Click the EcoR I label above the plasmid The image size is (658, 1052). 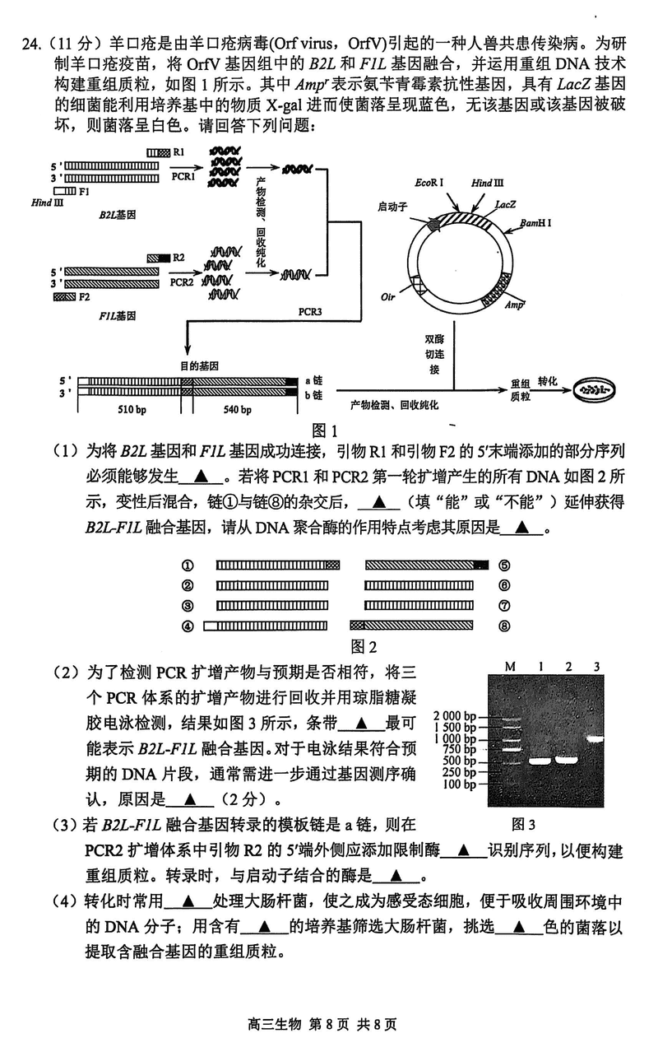[429, 182]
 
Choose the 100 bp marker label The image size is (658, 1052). [459, 784]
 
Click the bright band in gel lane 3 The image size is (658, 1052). [595, 738]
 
